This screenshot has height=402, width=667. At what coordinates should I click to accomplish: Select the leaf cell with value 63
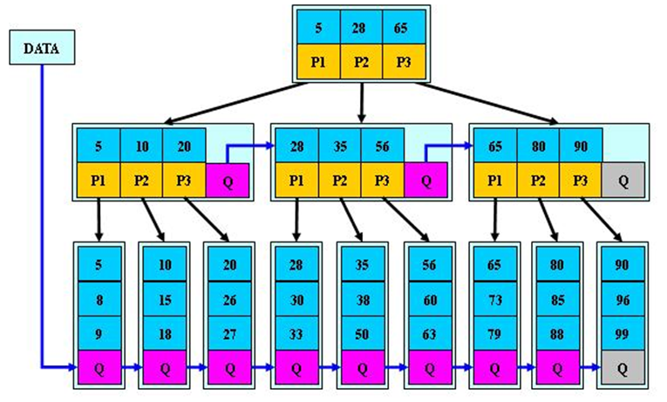428,332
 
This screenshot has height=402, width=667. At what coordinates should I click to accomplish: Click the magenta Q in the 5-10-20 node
227,180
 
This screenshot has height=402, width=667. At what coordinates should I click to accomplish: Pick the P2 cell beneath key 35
339,180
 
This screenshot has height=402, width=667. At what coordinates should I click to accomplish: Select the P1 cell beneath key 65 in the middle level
494,180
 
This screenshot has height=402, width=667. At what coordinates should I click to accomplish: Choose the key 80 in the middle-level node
538,144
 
